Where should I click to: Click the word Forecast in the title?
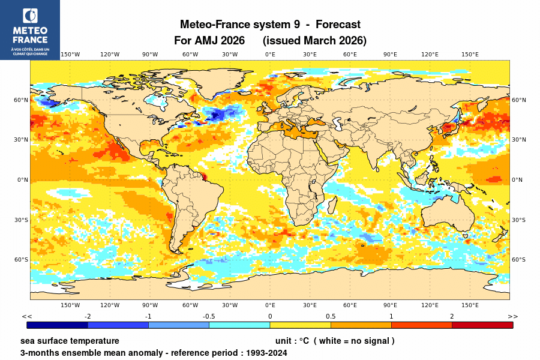pos(338,25)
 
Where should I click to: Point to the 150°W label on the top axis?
pos(70,55)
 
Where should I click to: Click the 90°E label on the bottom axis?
pos(390,305)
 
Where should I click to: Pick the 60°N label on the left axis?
pos(22,100)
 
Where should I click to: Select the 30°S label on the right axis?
pos(519,220)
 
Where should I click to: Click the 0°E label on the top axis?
pos(270,55)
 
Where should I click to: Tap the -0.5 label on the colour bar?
pos(209,316)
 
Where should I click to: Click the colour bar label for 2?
pos(452,316)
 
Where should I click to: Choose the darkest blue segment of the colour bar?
pos(58,325)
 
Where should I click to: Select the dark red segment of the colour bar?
pos(482,325)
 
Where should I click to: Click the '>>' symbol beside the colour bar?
pos(512,316)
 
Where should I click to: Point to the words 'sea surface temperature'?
pos(70,341)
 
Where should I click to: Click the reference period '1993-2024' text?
pos(265,353)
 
